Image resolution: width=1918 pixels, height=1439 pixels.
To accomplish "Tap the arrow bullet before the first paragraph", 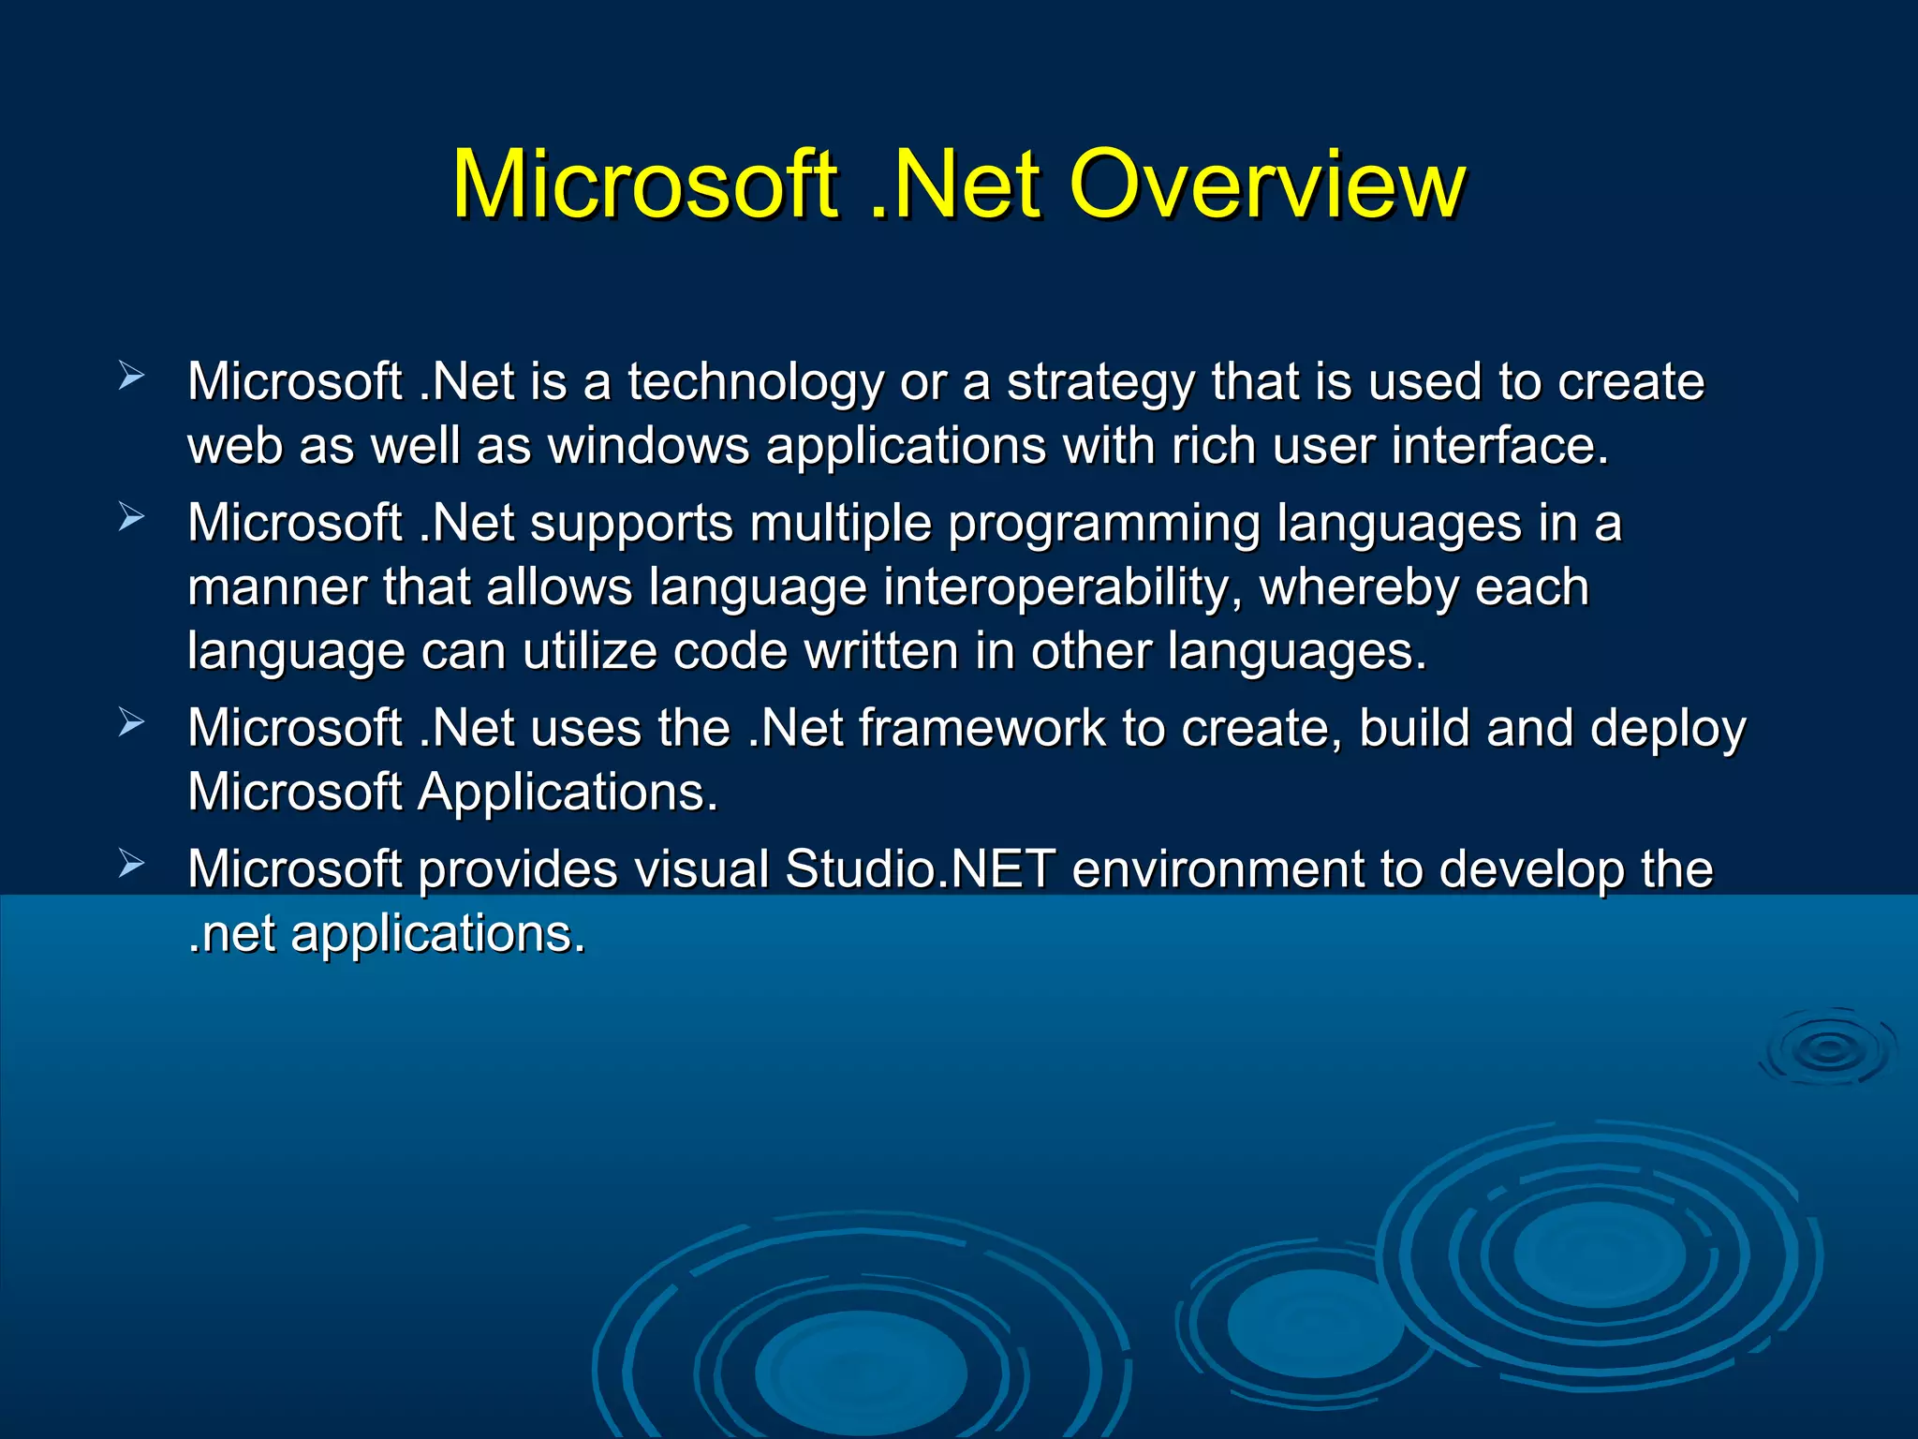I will click(x=131, y=377).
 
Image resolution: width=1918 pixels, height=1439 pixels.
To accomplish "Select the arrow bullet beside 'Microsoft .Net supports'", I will click(x=131, y=517).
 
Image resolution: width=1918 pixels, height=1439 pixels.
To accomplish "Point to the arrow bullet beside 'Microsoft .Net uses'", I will click(x=131, y=722).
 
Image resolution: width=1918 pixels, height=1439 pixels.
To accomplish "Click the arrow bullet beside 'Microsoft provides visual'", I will click(x=131, y=864).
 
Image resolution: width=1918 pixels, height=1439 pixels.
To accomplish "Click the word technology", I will click(x=755, y=384).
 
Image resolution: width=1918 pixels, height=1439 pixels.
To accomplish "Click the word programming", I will click(x=1104, y=525).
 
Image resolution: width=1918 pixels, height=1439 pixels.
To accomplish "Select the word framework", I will click(x=981, y=729).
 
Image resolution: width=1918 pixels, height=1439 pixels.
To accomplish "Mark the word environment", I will click(x=1217, y=869).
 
